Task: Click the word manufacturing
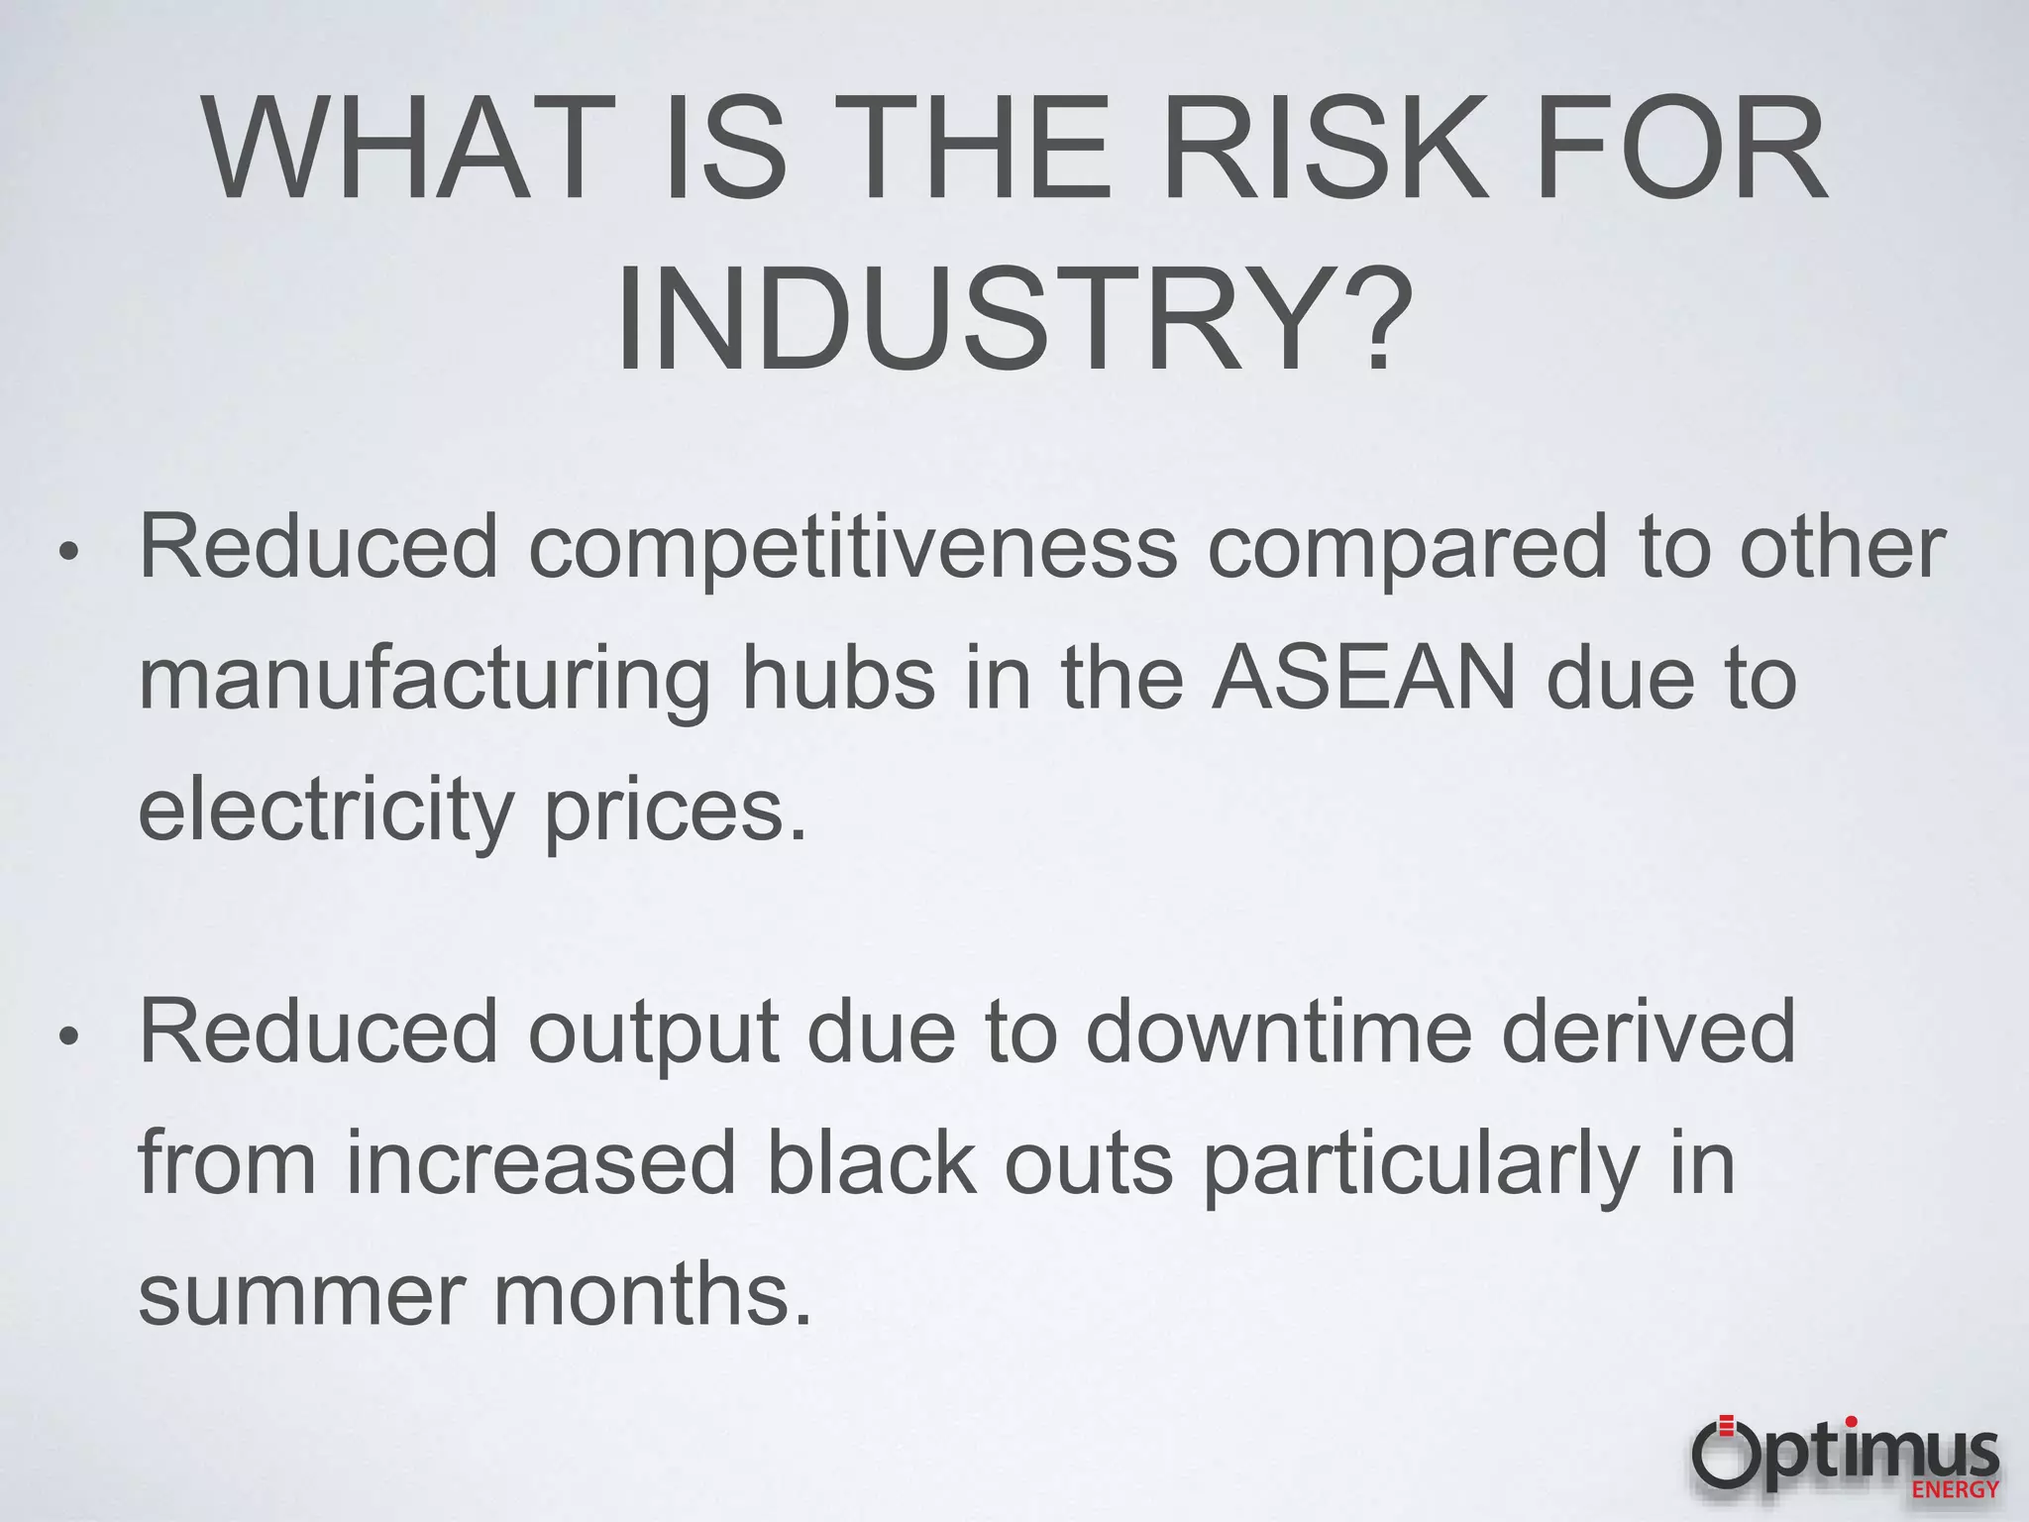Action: (x=425, y=682)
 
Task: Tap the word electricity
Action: (x=325, y=813)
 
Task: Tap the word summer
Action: (x=299, y=1296)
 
